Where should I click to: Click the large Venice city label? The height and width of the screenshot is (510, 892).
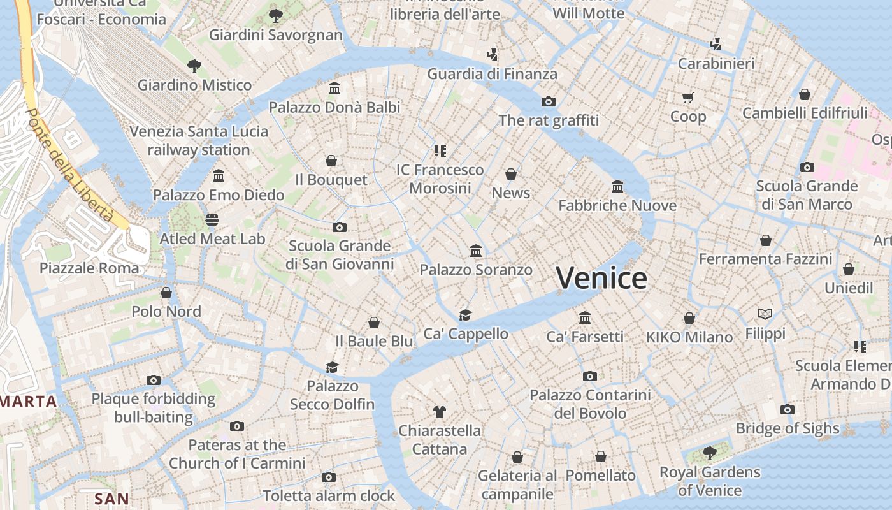point(601,278)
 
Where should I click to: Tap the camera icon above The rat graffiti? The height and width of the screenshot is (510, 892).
point(549,101)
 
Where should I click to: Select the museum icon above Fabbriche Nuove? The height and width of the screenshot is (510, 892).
point(617,186)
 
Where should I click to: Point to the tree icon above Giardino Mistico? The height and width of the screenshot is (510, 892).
point(194,65)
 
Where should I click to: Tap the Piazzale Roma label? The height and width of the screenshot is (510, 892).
point(89,268)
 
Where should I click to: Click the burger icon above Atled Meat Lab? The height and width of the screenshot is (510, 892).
point(212,220)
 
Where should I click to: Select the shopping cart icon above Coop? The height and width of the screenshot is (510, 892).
point(687,98)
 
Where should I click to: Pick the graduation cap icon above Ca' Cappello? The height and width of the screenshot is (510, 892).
point(466,315)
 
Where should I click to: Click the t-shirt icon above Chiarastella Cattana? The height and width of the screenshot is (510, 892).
point(439,411)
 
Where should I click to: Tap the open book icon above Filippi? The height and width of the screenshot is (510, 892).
point(765,314)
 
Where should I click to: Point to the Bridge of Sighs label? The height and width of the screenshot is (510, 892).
point(788,428)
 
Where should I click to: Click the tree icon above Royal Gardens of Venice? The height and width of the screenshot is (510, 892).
point(709,453)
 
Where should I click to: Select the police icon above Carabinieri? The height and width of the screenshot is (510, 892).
point(716,44)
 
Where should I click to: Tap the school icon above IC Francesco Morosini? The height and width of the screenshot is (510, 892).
point(440,150)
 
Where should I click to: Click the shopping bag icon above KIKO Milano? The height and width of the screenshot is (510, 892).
point(689,317)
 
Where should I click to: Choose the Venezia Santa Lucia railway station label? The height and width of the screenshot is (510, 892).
point(199,141)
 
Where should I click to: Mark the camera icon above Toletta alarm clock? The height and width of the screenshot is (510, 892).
point(329,477)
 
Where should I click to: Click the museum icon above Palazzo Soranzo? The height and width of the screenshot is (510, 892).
point(475,251)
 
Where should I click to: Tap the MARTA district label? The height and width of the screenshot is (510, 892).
point(29,402)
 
